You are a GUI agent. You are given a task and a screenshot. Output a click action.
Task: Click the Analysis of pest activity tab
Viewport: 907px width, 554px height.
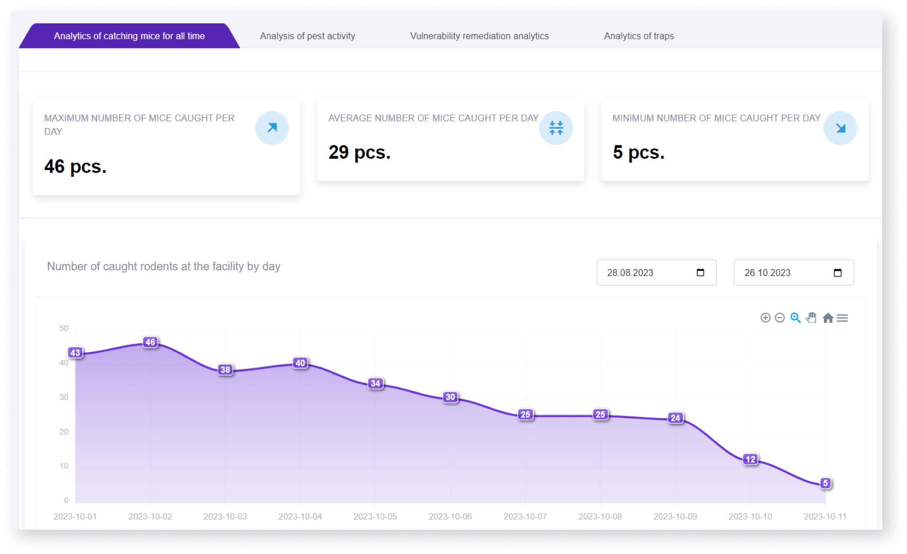[307, 36]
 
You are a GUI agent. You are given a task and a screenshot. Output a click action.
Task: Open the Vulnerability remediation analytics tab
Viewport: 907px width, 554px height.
[479, 36]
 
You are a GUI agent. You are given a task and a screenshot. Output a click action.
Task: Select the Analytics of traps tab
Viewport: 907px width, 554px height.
[639, 36]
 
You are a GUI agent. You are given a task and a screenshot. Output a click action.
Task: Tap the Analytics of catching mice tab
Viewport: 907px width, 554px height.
[129, 36]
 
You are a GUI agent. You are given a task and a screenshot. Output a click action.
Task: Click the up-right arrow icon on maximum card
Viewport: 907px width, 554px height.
[272, 128]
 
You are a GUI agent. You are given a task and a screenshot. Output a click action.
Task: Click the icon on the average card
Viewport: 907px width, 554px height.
[556, 128]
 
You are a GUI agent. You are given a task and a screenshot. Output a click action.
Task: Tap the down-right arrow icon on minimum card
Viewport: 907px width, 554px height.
[840, 128]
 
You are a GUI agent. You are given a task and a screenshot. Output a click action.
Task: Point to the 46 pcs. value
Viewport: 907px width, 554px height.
[75, 166]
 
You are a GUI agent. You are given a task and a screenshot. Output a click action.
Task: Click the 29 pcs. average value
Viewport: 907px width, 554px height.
[359, 152]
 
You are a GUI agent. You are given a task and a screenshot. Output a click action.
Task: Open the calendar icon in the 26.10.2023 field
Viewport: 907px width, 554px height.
[837, 272]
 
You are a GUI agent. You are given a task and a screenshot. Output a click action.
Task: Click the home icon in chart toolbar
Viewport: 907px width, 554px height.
[828, 318]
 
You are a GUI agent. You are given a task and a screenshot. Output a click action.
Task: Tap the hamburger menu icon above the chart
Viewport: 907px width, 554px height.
[842, 318]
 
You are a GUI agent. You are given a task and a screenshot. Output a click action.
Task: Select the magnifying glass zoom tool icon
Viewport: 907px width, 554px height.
[795, 318]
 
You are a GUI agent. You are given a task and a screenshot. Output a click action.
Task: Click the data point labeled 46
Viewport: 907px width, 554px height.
[150, 342]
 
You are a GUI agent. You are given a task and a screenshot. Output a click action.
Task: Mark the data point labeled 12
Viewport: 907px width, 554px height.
[750, 459]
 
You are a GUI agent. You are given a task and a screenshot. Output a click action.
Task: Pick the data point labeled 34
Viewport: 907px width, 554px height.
[375, 383]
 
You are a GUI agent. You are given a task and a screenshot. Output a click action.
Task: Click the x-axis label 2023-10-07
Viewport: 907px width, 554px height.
[525, 516]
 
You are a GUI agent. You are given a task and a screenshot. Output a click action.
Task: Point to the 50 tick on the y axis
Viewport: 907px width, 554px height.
[64, 328]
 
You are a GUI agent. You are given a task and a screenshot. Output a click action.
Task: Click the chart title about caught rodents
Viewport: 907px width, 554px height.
[164, 267]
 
